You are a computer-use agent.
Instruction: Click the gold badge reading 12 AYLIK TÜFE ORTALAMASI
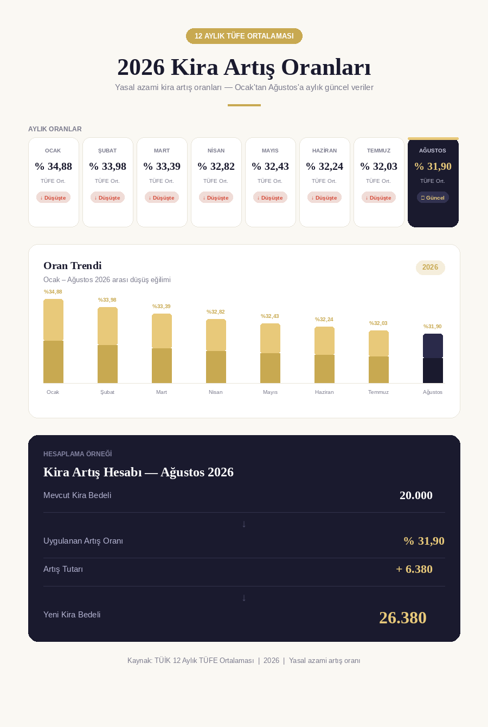click(x=244, y=36)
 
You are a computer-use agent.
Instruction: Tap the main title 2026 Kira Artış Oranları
click(x=244, y=67)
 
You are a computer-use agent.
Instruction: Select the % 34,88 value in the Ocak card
click(x=54, y=166)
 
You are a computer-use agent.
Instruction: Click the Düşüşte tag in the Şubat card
click(x=107, y=197)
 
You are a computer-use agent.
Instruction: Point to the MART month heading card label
click(x=162, y=151)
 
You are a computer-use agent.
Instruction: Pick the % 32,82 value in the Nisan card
click(x=216, y=166)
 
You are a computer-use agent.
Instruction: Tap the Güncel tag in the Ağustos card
click(x=433, y=197)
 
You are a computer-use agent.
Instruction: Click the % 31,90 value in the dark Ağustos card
click(x=433, y=166)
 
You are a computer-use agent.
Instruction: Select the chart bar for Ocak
click(x=54, y=341)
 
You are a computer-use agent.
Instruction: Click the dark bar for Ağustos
click(x=433, y=358)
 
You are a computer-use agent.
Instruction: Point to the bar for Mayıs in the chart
click(x=270, y=353)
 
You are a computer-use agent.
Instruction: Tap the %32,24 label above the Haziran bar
click(x=324, y=320)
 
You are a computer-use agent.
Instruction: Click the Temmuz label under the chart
click(x=378, y=392)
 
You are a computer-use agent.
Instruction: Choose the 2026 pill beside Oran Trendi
click(x=430, y=267)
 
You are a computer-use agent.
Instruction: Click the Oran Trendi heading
click(x=72, y=265)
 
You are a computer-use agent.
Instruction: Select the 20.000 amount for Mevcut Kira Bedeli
click(x=416, y=495)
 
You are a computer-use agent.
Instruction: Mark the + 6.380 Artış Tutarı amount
click(x=414, y=569)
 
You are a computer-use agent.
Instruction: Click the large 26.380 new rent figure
click(x=403, y=617)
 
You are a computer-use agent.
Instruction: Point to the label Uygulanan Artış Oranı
click(x=83, y=541)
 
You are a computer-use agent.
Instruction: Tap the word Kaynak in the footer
click(x=139, y=660)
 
